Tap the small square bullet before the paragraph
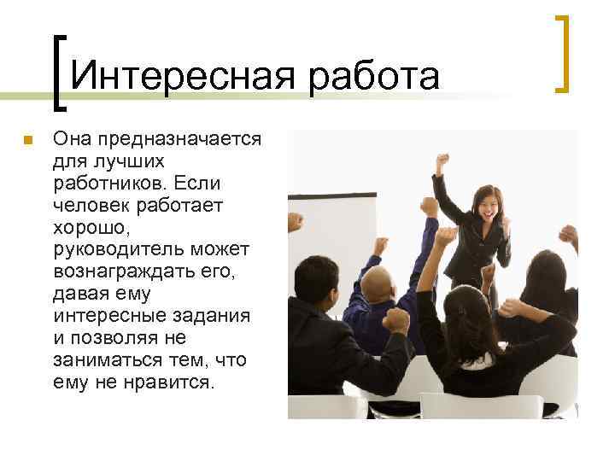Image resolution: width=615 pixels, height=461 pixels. coord(27,140)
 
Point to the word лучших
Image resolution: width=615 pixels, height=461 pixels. coord(118,161)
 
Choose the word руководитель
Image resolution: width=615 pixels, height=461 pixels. coord(120,250)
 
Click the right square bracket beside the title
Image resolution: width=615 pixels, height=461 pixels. coord(561,53)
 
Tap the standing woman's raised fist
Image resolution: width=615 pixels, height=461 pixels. coord(442,160)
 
